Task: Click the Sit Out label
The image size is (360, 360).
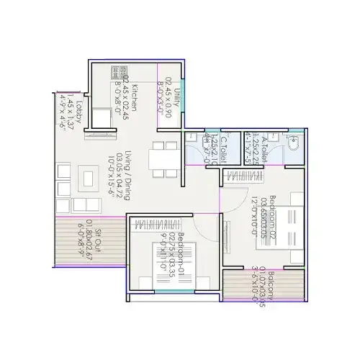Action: [x=98, y=233]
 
